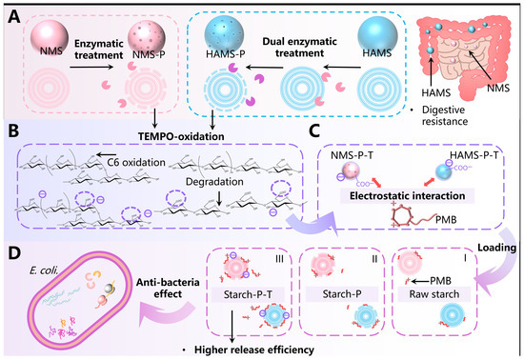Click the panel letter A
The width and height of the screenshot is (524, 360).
(x=14, y=17)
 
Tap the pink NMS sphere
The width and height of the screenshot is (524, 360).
(x=50, y=36)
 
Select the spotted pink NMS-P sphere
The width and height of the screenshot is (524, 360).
(x=147, y=36)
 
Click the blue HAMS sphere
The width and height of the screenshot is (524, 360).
(x=377, y=37)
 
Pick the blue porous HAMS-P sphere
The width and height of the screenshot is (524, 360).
(x=224, y=36)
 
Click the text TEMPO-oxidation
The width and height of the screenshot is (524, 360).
(x=181, y=136)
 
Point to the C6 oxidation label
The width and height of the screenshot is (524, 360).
(x=136, y=162)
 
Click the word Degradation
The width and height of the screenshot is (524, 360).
(x=214, y=182)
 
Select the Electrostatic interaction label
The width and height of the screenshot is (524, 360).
(x=408, y=195)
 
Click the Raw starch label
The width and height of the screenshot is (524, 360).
(x=434, y=294)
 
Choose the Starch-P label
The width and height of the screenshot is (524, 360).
(x=341, y=294)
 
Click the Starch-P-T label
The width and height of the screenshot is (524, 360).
(x=248, y=294)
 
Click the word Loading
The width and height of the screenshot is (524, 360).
(x=497, y=248)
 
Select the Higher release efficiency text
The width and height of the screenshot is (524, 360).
(x=254, y=350)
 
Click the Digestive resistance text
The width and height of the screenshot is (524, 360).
(x=445, y=115)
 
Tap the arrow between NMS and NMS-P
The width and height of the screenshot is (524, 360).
(x=91, y=67)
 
